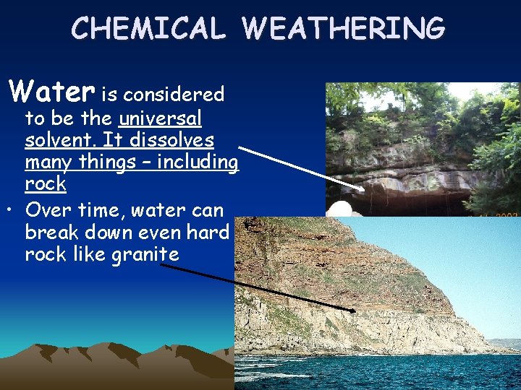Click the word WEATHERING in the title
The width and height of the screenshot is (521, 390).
[x=344, y=28]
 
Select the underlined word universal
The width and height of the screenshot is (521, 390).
[x=160, y=118]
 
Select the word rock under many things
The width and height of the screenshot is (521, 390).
[x=45, y=184]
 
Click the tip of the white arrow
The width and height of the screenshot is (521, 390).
[x=364, y=189]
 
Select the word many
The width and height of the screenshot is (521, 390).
[x=49, y=162]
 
